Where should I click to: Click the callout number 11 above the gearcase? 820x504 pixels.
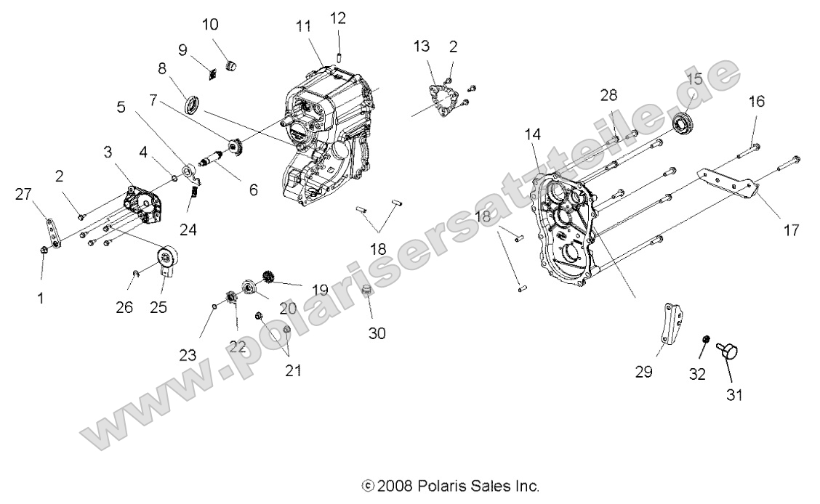tap(303, 26)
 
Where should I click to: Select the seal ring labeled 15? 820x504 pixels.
tap(685, 123)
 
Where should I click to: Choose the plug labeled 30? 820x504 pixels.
tap(369, 293)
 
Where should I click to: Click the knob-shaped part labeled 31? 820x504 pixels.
tap(728, 351)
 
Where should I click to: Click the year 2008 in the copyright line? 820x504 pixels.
tap(398, 485)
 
